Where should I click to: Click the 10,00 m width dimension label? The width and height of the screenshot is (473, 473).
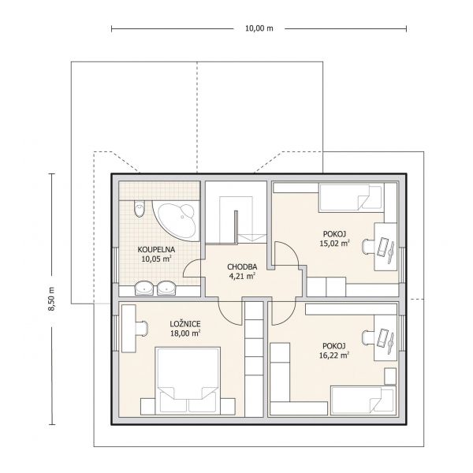coord(259,28)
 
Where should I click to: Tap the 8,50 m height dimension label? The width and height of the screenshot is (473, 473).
coord(51,299)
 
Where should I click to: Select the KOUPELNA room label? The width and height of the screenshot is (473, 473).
coord(156,249)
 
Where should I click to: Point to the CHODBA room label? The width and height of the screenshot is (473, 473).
coord(242,266)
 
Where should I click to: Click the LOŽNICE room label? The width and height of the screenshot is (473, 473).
coord(185,324)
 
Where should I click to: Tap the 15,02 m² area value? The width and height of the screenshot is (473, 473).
coord(334,243)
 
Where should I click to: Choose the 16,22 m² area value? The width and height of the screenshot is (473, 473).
coord(334,355)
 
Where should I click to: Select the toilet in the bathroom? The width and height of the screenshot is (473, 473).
coord(140,209)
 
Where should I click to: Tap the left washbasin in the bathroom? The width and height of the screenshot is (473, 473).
coord(144,288)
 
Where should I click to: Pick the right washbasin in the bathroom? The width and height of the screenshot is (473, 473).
coord(166,288)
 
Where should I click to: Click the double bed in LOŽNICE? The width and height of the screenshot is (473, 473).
coord(188,381)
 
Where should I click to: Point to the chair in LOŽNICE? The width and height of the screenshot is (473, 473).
coord(142,328)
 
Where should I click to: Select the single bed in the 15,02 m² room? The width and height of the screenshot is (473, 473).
coord(352,199)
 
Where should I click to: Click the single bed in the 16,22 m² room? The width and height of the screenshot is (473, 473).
coord(363,400)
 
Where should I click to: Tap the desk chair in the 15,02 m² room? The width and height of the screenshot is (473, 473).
coord(368,247)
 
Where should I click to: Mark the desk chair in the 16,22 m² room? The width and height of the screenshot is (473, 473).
coord(368,338)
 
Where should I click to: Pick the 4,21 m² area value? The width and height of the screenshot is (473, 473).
coord(242,276)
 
